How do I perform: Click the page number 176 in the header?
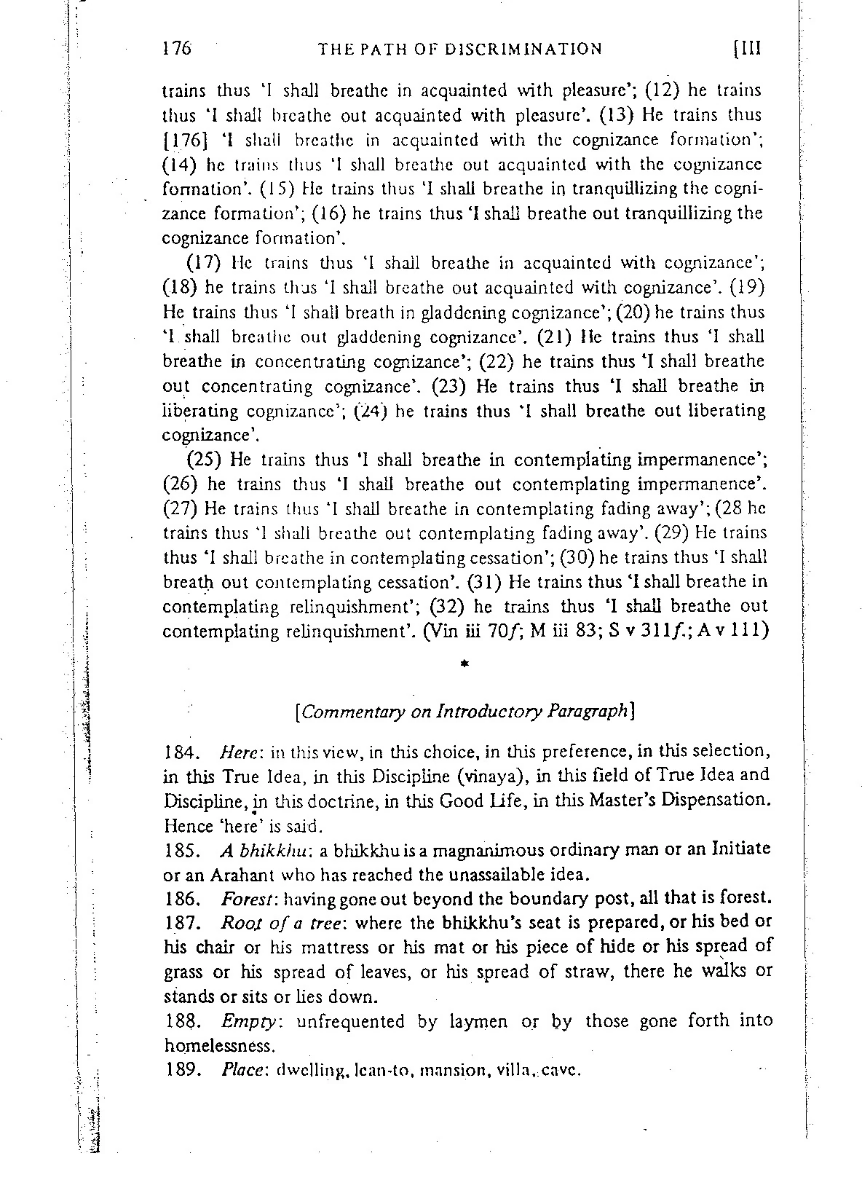(176, 49)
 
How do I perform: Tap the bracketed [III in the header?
(746, 49)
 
